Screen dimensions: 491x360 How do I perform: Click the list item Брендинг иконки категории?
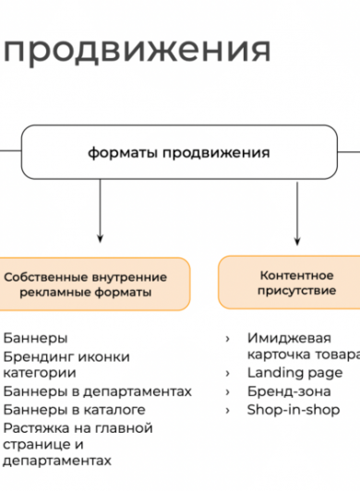[66, 365]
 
